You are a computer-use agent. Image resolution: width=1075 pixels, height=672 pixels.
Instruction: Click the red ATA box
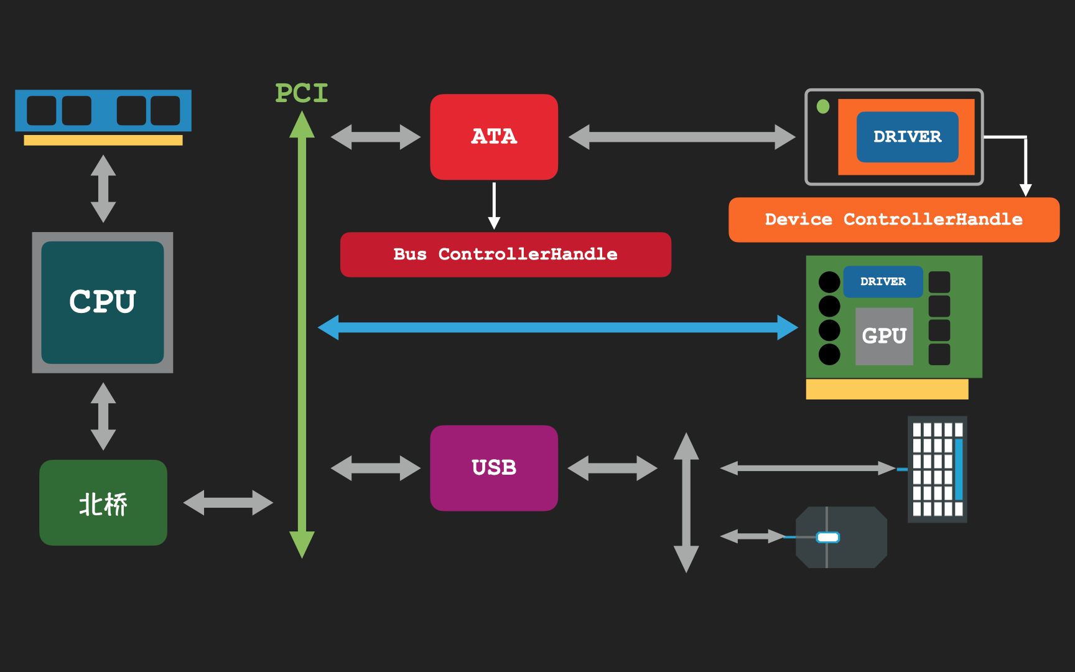click(494, 137)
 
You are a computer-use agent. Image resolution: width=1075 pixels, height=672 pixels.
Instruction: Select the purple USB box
click(494, 468)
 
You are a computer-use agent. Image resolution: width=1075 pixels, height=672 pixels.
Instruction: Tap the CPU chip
click(103, 302)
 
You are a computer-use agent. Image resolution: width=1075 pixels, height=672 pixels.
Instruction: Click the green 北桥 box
click(103, 503)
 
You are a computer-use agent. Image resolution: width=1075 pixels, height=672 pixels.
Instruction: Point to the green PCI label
click(302, 93)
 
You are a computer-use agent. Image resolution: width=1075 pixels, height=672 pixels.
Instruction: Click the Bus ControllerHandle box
click(505, 254)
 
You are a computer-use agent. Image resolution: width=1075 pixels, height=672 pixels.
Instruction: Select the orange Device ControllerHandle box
click(893, 220)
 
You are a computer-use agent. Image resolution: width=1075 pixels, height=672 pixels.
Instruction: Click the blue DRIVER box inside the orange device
click(907, 137)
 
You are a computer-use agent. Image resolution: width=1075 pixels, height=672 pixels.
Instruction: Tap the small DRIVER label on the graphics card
click(883, 282)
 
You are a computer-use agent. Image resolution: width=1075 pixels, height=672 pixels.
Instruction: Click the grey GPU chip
click(884, 336)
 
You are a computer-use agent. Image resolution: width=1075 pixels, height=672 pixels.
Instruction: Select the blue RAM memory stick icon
click(103, 111)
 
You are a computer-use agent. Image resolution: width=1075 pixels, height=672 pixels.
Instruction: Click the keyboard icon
click(938, 469)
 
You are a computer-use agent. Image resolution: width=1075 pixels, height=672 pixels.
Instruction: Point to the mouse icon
click(841, 537)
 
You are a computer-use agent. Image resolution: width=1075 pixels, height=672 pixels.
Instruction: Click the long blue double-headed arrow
click(557, 327)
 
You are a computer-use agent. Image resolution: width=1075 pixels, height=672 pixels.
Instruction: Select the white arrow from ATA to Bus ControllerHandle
click(494, 205)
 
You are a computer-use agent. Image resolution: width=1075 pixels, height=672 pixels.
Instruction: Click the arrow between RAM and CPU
click(103, 189)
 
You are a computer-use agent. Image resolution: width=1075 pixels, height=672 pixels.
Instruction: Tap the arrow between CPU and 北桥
click(103, 416)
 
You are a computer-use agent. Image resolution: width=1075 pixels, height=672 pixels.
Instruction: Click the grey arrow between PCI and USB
click(376, 468)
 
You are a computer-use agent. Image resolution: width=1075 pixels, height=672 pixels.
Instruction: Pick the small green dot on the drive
click(823, 107)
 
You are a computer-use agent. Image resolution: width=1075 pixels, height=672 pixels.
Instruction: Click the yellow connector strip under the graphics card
click(887, 389)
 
